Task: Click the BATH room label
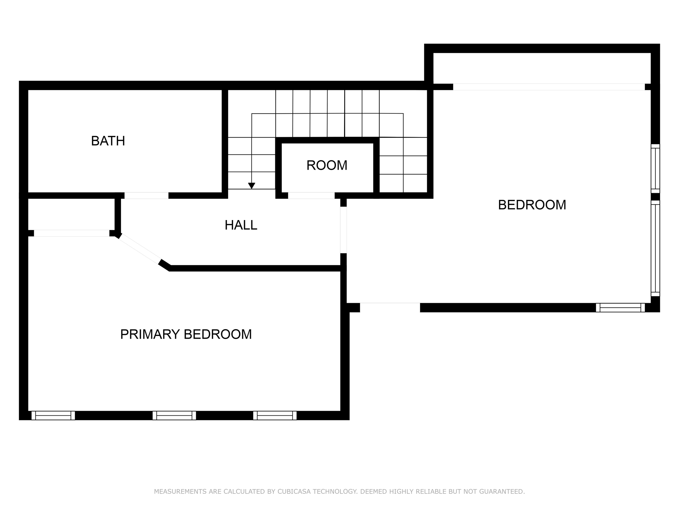108,141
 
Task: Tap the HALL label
241,225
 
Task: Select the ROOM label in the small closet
327,165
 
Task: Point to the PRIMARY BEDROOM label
186,334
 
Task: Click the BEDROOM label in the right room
532,205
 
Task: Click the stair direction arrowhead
252,186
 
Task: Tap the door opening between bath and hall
146,196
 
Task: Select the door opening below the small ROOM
311,196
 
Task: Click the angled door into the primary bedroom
140,249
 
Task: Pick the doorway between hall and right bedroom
343,230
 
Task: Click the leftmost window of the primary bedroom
53,416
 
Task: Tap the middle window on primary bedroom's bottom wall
174,416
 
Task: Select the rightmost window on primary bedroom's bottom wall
275,416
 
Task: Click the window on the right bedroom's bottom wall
620,308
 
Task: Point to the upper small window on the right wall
655,168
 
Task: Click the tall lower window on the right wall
655,248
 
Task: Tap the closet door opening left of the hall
72,233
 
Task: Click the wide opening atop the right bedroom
549,87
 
